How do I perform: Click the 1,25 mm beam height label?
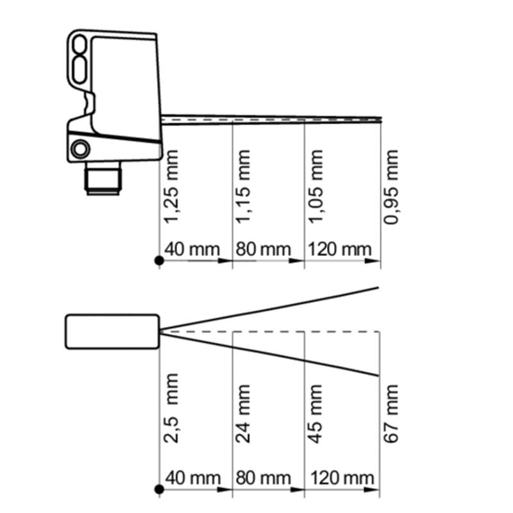click(171, 187)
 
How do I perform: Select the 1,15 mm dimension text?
click(243, 187)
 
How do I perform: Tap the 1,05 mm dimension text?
click(315, 187)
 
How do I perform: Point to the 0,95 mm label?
click(391, 187)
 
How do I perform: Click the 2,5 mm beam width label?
click(171, 408)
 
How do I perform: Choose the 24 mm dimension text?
click(243, 414)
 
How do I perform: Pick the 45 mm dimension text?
click(315, 414)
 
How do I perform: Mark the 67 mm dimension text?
click(391, 414)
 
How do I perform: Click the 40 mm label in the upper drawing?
click(192, 249)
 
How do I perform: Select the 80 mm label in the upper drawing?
click(264, 249)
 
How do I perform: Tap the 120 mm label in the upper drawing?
click(340, 249)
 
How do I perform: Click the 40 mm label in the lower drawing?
click(193, 478)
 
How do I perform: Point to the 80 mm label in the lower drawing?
click(264, 478)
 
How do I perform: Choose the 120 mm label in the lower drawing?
click(342, 478)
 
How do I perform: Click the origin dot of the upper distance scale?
click(159, 261)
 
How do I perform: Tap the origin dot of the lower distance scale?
click(159, 489)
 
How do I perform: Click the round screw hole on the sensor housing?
click(80, 149)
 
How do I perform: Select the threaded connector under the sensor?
click(103, 178)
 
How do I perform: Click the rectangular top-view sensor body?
click(112, 332)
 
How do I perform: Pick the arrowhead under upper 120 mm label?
click(373, 261)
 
